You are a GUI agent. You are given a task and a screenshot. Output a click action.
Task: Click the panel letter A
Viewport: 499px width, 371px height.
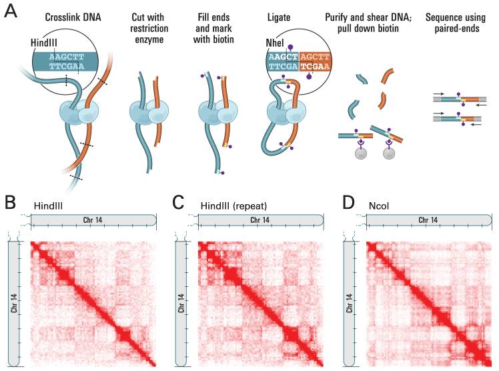[x=11, y=11]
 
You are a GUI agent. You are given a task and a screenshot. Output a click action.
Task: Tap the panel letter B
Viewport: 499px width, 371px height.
[x=10, y=202]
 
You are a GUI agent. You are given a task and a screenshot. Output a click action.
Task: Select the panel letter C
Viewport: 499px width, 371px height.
[x=178, y=202]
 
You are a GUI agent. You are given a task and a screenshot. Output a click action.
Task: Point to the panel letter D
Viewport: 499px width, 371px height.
[x=348, y=202]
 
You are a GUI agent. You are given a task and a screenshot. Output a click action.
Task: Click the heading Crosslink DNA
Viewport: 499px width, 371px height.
[x=73, y=17]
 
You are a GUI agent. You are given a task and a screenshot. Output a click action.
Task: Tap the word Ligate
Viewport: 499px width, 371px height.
[x=279, y=17]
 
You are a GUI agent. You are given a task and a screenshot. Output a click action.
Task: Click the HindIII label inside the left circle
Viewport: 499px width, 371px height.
[x=44, y=43]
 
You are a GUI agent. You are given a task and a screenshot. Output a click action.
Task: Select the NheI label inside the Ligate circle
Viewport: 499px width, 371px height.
[x=275, y=43]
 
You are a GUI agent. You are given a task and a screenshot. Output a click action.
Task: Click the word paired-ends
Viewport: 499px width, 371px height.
[x=457, y=29]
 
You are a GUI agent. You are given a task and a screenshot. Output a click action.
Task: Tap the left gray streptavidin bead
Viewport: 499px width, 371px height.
[x=361, y=153]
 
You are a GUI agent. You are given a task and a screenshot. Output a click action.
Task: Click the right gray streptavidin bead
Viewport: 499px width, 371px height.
[x=389, y=153]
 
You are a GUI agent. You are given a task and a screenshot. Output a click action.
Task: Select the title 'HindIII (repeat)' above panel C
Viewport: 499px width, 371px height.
[x=233, y=206]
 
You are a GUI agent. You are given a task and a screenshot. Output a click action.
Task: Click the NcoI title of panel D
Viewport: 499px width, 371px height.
[x=379, y=206]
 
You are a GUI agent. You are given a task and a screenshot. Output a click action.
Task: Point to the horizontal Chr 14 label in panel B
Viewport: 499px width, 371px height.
[x=92, y=220]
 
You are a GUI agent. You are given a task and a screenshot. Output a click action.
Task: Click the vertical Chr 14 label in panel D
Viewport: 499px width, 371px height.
[x=350, y=303]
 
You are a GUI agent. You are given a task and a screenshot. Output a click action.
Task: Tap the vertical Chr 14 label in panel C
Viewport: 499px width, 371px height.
[x=181, y=303]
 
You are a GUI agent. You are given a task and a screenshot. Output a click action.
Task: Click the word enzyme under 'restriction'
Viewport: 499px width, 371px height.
[x=149, y=40]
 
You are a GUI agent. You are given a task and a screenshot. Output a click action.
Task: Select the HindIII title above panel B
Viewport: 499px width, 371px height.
[x=49, y=206]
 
